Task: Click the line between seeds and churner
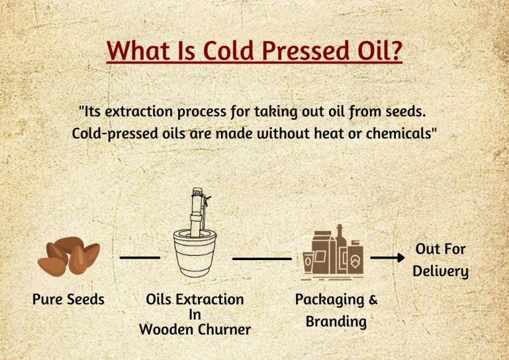click(140, 257)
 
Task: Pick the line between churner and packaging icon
click(261, 258)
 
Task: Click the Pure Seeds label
click(68, 300)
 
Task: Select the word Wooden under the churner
click(165, 329)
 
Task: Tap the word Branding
click(336, 322)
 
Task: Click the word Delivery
click(440, 271)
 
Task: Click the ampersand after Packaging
click(372, 300)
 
